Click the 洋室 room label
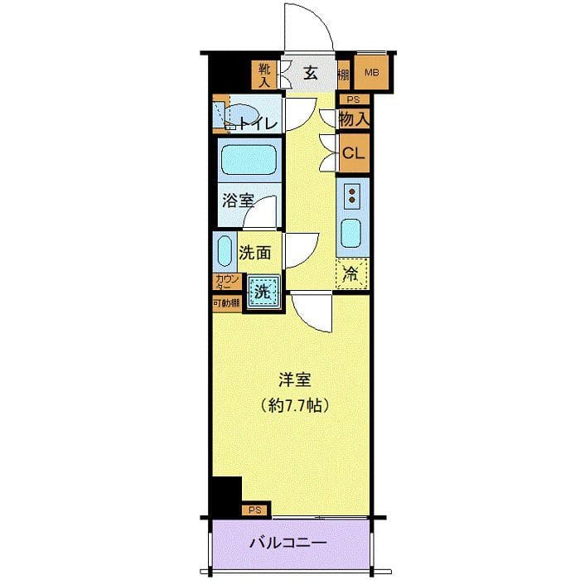tap(293, 380)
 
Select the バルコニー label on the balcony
tap(289, 544)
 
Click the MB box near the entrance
tap(371, 73)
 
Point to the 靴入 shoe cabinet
tap(264, 74)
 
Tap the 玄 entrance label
tap(310, 73)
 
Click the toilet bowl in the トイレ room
tap(245, 115)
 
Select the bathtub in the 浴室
tap(248, 158)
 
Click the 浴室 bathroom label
tap(237, 201)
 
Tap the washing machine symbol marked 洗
tap(261, 292)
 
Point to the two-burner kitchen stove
tap(352, 196)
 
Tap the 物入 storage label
tap(354, 118)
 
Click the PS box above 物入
tap(353, 99)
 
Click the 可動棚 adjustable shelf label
tap(226, 303)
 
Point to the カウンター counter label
tap(226, 283)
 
